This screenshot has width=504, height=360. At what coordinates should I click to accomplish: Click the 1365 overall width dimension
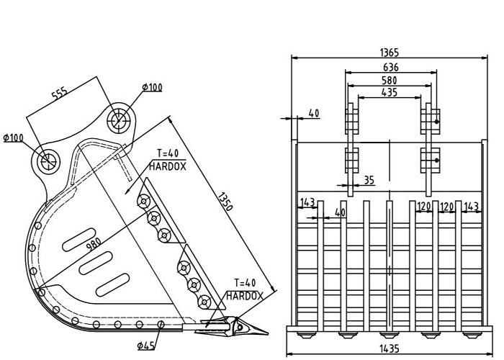click(390, 53)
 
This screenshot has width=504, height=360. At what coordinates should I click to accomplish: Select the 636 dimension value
click(391, 67)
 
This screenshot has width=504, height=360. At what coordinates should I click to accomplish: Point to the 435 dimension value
click(391, 93)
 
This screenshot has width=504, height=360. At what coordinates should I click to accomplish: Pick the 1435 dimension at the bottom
click(390, 348)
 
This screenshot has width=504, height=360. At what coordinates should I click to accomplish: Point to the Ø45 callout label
click(147, 346)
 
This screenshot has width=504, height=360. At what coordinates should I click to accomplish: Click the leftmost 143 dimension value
click(307, 202)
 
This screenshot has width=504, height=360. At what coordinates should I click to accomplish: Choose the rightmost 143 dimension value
click(472, 207)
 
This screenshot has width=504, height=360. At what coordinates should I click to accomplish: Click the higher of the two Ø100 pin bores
click(120, 120)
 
